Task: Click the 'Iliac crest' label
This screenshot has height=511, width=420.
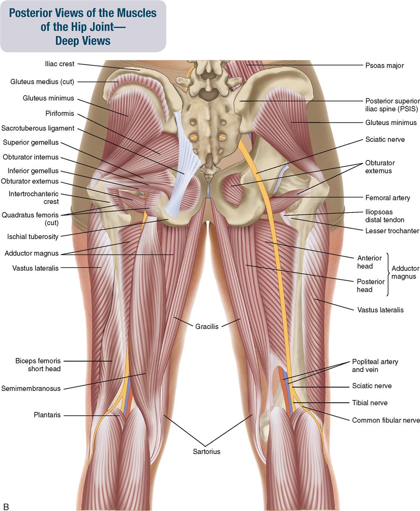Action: click(x=59, y=64)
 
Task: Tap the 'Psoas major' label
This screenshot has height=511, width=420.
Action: click(x=384, y=66)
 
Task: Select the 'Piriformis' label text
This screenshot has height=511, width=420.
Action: click(x=60, y=114)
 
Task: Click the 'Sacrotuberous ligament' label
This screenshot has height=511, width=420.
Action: click(x=38, y=128)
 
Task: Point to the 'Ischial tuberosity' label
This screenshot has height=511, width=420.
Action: click(x=33, y=237)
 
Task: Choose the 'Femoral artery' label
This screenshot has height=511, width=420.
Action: click(x=388, y=198)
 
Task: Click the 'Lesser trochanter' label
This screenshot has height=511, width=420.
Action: click(x=392, y=231)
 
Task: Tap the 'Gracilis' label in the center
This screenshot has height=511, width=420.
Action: click(x=207, y=326)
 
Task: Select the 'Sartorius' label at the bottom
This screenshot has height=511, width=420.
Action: click(x=206, y=452)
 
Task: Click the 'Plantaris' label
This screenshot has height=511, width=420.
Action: click(x=47, y=415)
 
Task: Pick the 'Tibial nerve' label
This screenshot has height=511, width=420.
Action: click(x=370, y=403)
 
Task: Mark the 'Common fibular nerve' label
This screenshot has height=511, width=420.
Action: click(x=386, y=420)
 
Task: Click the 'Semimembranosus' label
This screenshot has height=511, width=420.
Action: click(x=31, y=388)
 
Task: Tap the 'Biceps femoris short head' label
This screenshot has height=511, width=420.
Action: click(x=38, y=365)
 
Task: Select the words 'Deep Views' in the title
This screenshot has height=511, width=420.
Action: click(x=83, y=41)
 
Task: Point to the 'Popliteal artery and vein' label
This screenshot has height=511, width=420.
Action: click(x=375, y=365)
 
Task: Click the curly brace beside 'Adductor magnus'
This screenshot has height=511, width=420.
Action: click(x=388, y=274)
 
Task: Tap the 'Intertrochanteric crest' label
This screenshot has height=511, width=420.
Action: click(x=34, y=198)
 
